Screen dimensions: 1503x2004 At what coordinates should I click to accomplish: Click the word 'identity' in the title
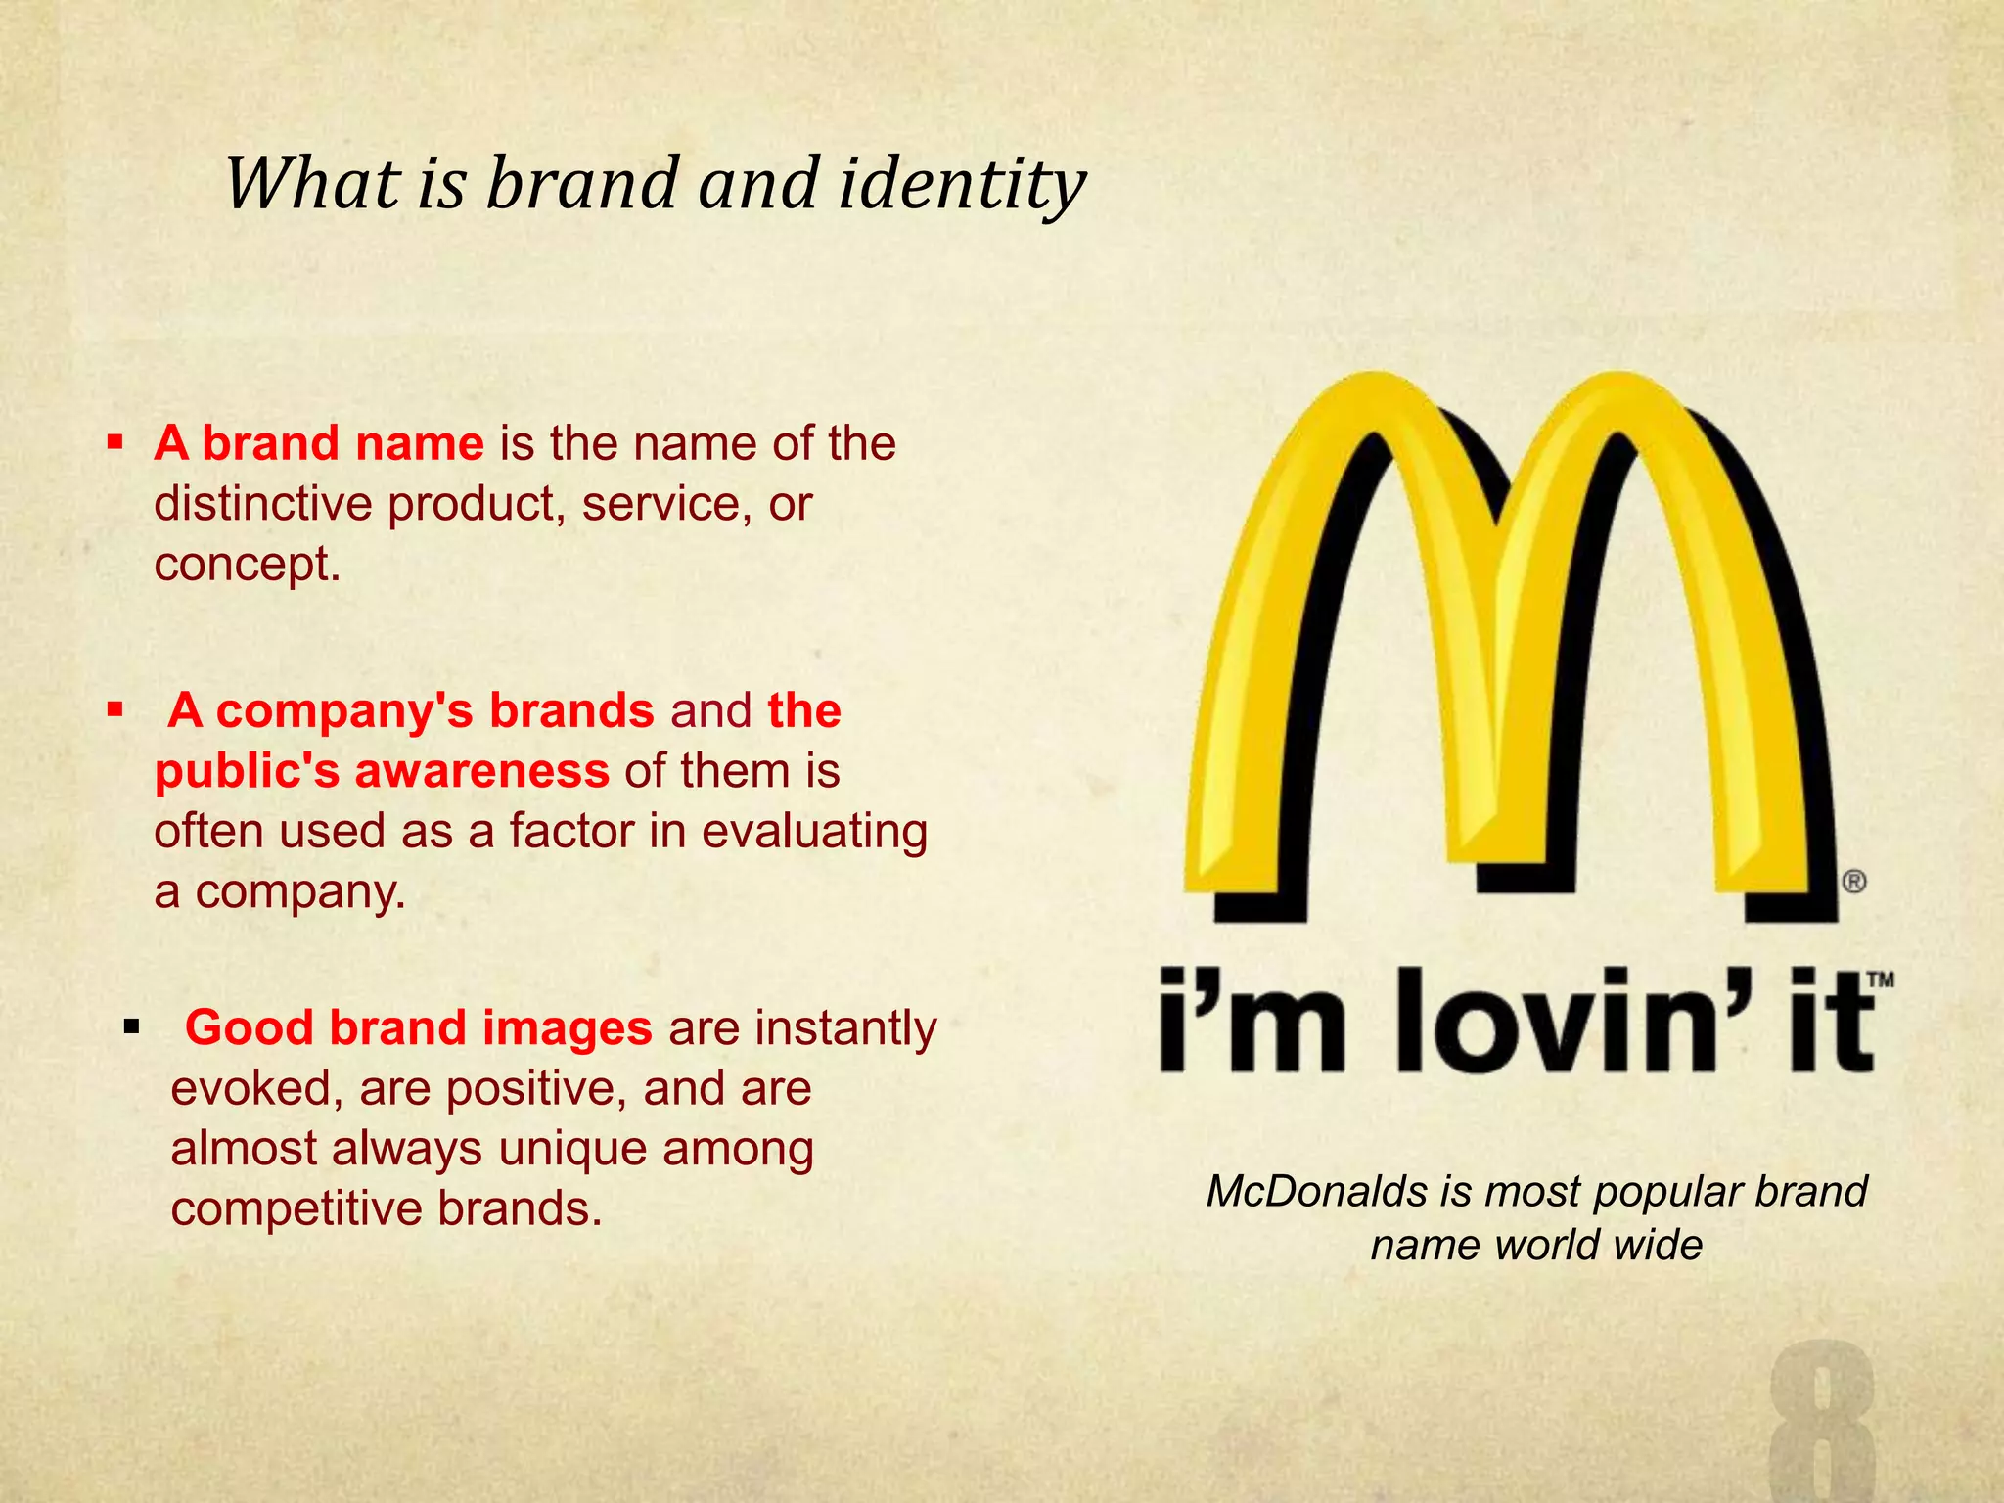pyautogui.click(x=962, y=184)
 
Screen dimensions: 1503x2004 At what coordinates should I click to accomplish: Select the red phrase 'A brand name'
pyautogui.click(x=319, y=443)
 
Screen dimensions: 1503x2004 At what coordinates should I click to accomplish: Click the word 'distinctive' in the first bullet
pyautogui.click(x=262, y=504)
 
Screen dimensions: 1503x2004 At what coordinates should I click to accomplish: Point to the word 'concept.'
pyautogui.click(x=248, y=565)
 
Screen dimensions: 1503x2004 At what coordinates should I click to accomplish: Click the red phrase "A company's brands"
pyautogui.click(x=410, y=710)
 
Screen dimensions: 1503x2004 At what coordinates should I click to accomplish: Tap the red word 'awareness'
pyautogui.click(x=481, y=771)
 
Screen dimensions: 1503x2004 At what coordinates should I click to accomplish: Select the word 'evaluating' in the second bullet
pyautogui.click(x=814, y=832)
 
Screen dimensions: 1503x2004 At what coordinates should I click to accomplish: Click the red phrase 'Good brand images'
pyautogui.click(x=418, y=1028)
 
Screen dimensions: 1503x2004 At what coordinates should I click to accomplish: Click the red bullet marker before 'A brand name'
pyautogui.click(x=115, y=443)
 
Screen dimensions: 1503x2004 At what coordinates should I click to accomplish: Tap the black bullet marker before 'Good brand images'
pyautogui.click(x=132, y=1027)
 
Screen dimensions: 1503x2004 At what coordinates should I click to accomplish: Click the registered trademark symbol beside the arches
pyautogui.click(x=1854, y=882)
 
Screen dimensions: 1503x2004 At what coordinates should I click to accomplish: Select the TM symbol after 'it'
pyautogui.click(x=1881, y=979)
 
